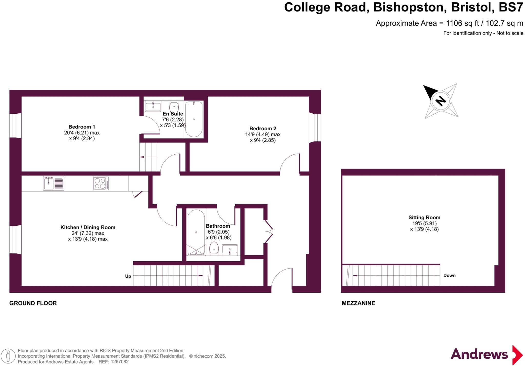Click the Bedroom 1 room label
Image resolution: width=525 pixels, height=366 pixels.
tap(82, 127)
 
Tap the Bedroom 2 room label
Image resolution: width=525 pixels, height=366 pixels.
tap(263, 128)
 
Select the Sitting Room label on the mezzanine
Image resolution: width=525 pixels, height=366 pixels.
tap(424, 217)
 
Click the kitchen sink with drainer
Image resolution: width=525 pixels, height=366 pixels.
tap(54, 183)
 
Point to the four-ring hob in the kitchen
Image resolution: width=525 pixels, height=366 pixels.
tap(101, 183)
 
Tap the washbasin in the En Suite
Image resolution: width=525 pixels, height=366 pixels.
tap(153, 106)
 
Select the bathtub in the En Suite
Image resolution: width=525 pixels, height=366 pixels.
tap(194, 119)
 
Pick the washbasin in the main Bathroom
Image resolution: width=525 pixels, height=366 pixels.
tap(230, 250)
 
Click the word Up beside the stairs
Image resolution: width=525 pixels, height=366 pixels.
tap(128, 276)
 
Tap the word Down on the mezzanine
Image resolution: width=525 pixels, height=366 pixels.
tap(449, 275)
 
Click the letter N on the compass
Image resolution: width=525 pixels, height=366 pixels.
tap(441, 101)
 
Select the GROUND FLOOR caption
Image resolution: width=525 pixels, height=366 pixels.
tap(33, 303)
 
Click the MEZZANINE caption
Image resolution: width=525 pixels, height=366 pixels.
tap(358, 303)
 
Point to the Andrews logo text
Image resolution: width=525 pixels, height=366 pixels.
tap(479, 354)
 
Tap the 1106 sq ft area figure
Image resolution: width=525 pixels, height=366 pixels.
tap(462, 23)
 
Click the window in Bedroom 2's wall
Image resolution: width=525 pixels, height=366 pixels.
tap(315, 128)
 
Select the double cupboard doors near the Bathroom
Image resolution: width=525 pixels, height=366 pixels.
tap(269, 232)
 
